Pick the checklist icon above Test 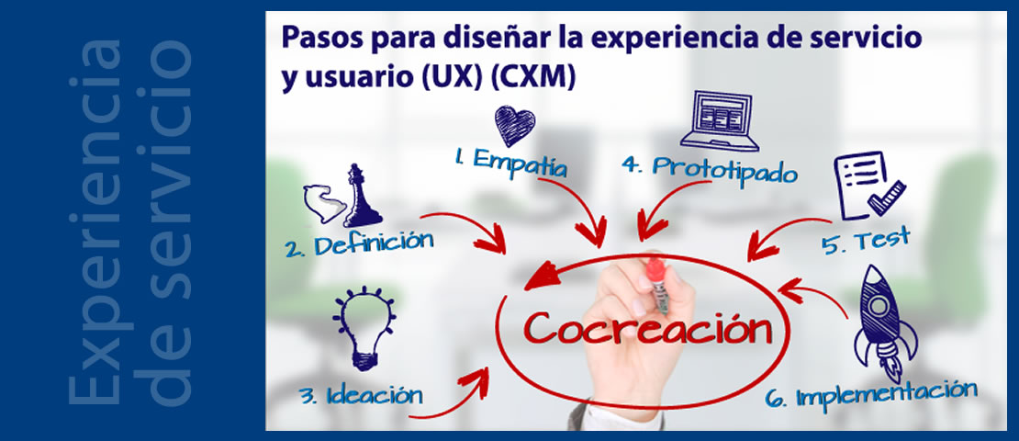click(867, 184)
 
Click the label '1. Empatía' click(509, 162)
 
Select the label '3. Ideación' click(361, 395)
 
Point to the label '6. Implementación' click(871, 394)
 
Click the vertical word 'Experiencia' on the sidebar click(97, 220)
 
